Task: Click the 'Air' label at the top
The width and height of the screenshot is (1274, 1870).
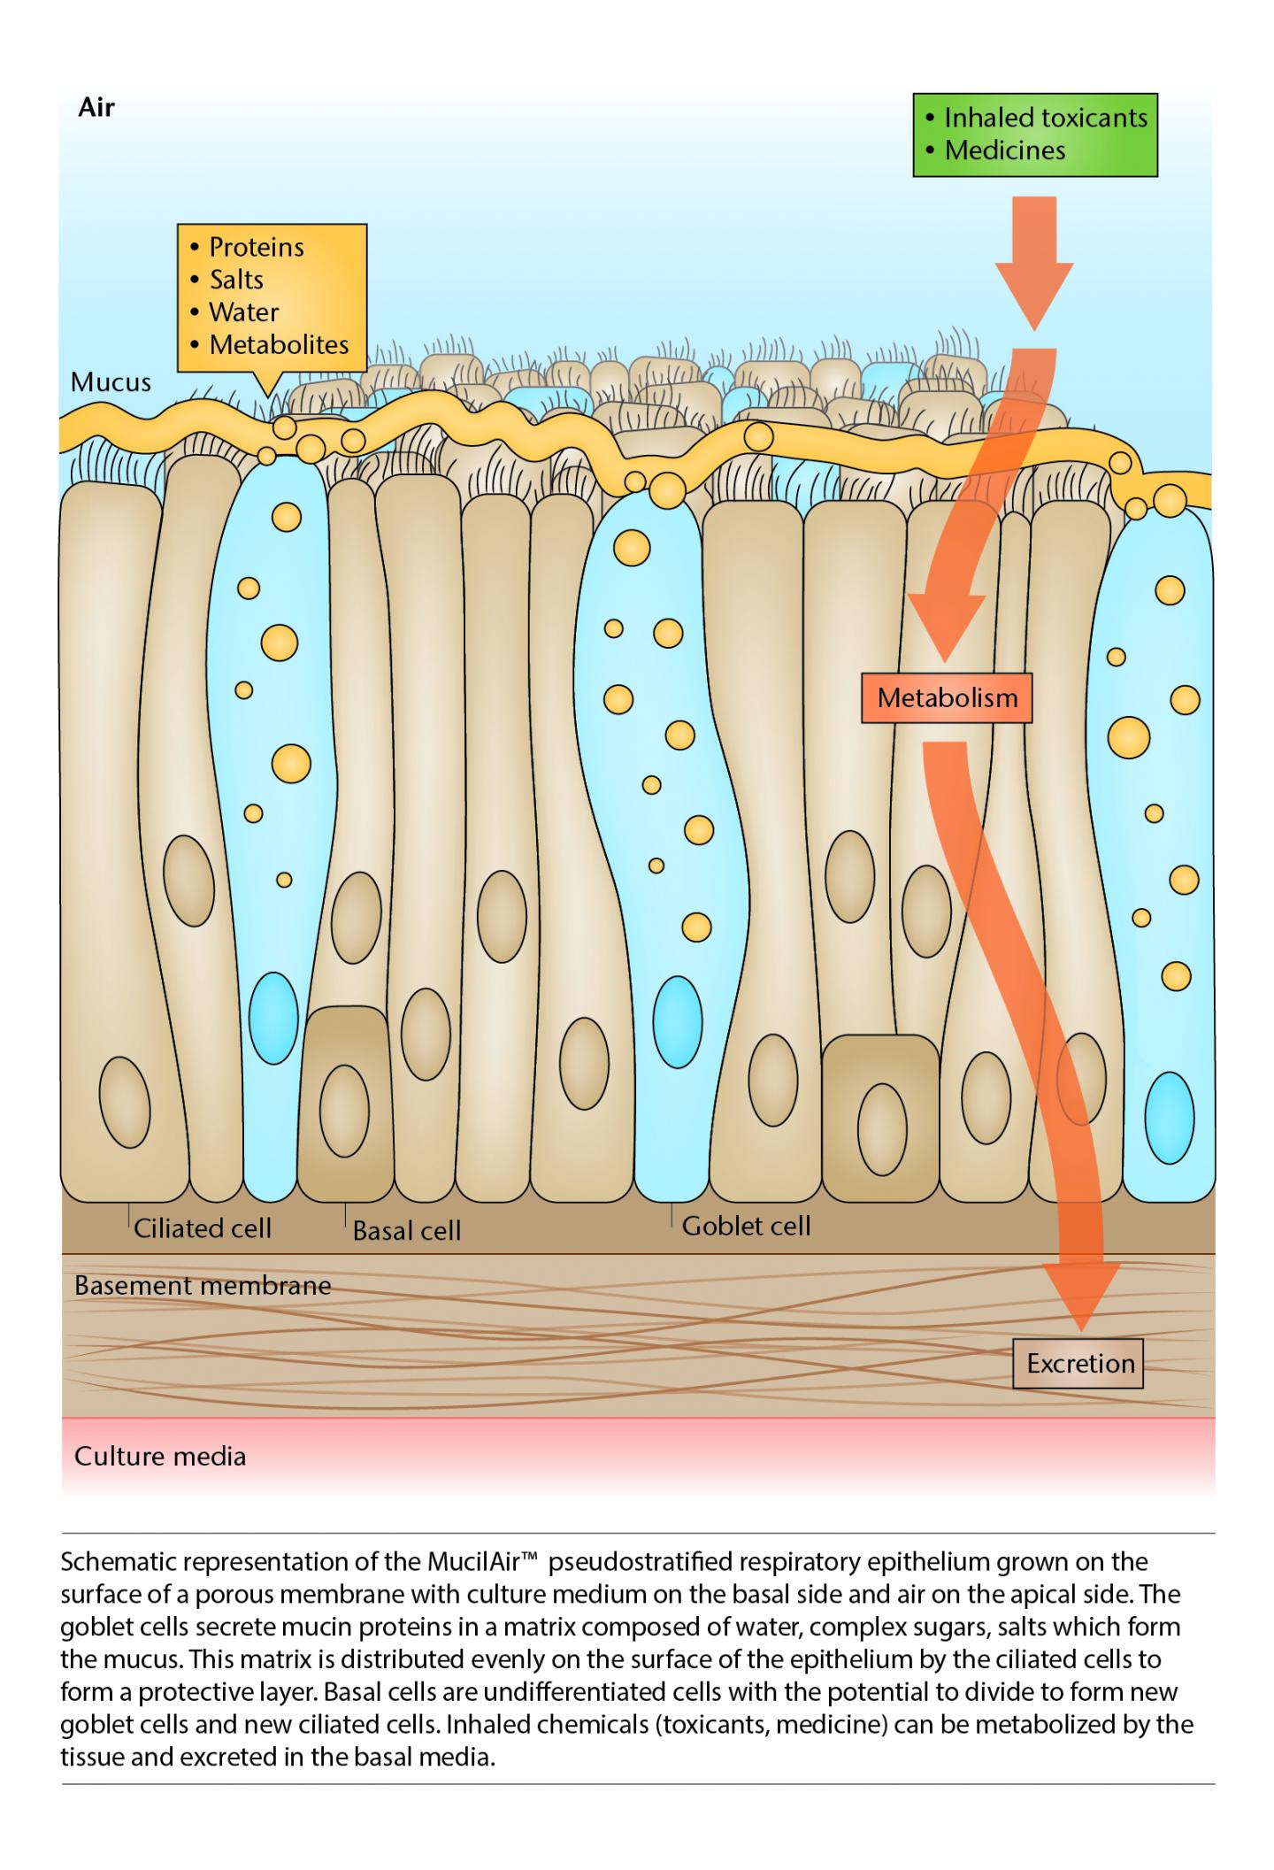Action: [96, 108]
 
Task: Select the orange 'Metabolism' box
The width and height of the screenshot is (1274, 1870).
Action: [947, 697]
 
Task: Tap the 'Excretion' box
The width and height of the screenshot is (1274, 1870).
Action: [1079, 1363]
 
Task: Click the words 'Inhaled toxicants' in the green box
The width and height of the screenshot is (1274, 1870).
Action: [1045, 118]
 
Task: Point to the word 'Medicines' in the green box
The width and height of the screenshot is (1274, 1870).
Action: [1004, 150]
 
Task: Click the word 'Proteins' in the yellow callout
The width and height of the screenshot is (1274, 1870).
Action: [256, 247]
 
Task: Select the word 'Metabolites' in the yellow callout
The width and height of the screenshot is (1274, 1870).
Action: [279, 345]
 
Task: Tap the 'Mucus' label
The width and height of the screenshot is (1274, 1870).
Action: [111, 382]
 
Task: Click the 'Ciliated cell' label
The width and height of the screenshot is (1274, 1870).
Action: [203, 1228]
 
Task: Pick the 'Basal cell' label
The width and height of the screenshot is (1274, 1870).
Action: [407, 1231]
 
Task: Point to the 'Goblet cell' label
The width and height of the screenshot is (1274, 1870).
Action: [746, 1226]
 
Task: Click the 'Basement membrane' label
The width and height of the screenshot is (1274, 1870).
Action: [203, 1286]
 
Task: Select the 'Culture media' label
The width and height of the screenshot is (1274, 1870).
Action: [160, 1457]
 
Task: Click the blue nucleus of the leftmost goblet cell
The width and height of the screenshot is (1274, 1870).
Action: [273, 1018]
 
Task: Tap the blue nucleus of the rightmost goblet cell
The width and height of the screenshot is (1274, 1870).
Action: [1169, 1118]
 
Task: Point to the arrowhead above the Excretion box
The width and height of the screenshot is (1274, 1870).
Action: [1081, 1297]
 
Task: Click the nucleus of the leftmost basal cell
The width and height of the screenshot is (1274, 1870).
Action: [344, 1111]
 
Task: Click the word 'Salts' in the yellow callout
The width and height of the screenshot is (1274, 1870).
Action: [236, 280]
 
